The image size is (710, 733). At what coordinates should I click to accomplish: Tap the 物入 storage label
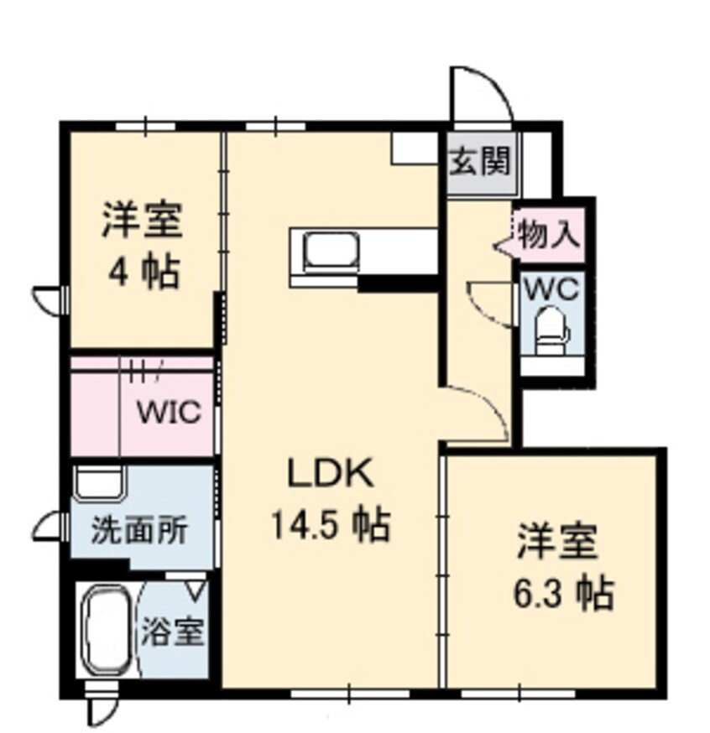(548, 233)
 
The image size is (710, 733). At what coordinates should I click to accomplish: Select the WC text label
(551, 290)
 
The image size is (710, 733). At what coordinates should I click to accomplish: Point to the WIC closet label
(170, 413)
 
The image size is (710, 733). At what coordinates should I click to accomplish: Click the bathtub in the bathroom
(107, 630)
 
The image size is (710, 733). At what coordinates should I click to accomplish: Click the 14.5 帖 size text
(330, 525)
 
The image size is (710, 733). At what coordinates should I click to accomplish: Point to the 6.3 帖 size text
(563, 594)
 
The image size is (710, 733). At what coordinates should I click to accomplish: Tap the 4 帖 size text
(143, 271)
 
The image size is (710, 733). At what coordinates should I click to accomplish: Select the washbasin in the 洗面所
(99, 485)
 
